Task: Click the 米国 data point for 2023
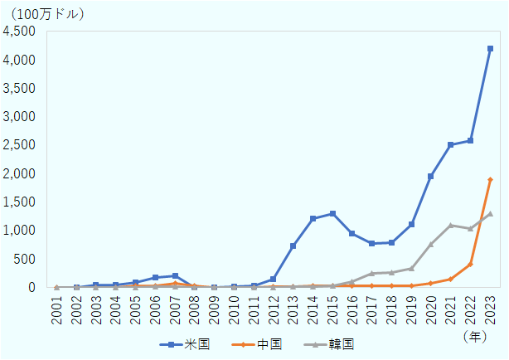490,49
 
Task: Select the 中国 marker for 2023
490,179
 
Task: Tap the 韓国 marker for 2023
490,213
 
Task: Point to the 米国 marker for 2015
332,213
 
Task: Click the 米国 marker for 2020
431,176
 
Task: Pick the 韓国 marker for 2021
451,225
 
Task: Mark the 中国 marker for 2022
470,265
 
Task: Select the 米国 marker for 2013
293,246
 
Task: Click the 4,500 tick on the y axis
19,32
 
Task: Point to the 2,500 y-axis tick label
19,145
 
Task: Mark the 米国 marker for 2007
175,275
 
